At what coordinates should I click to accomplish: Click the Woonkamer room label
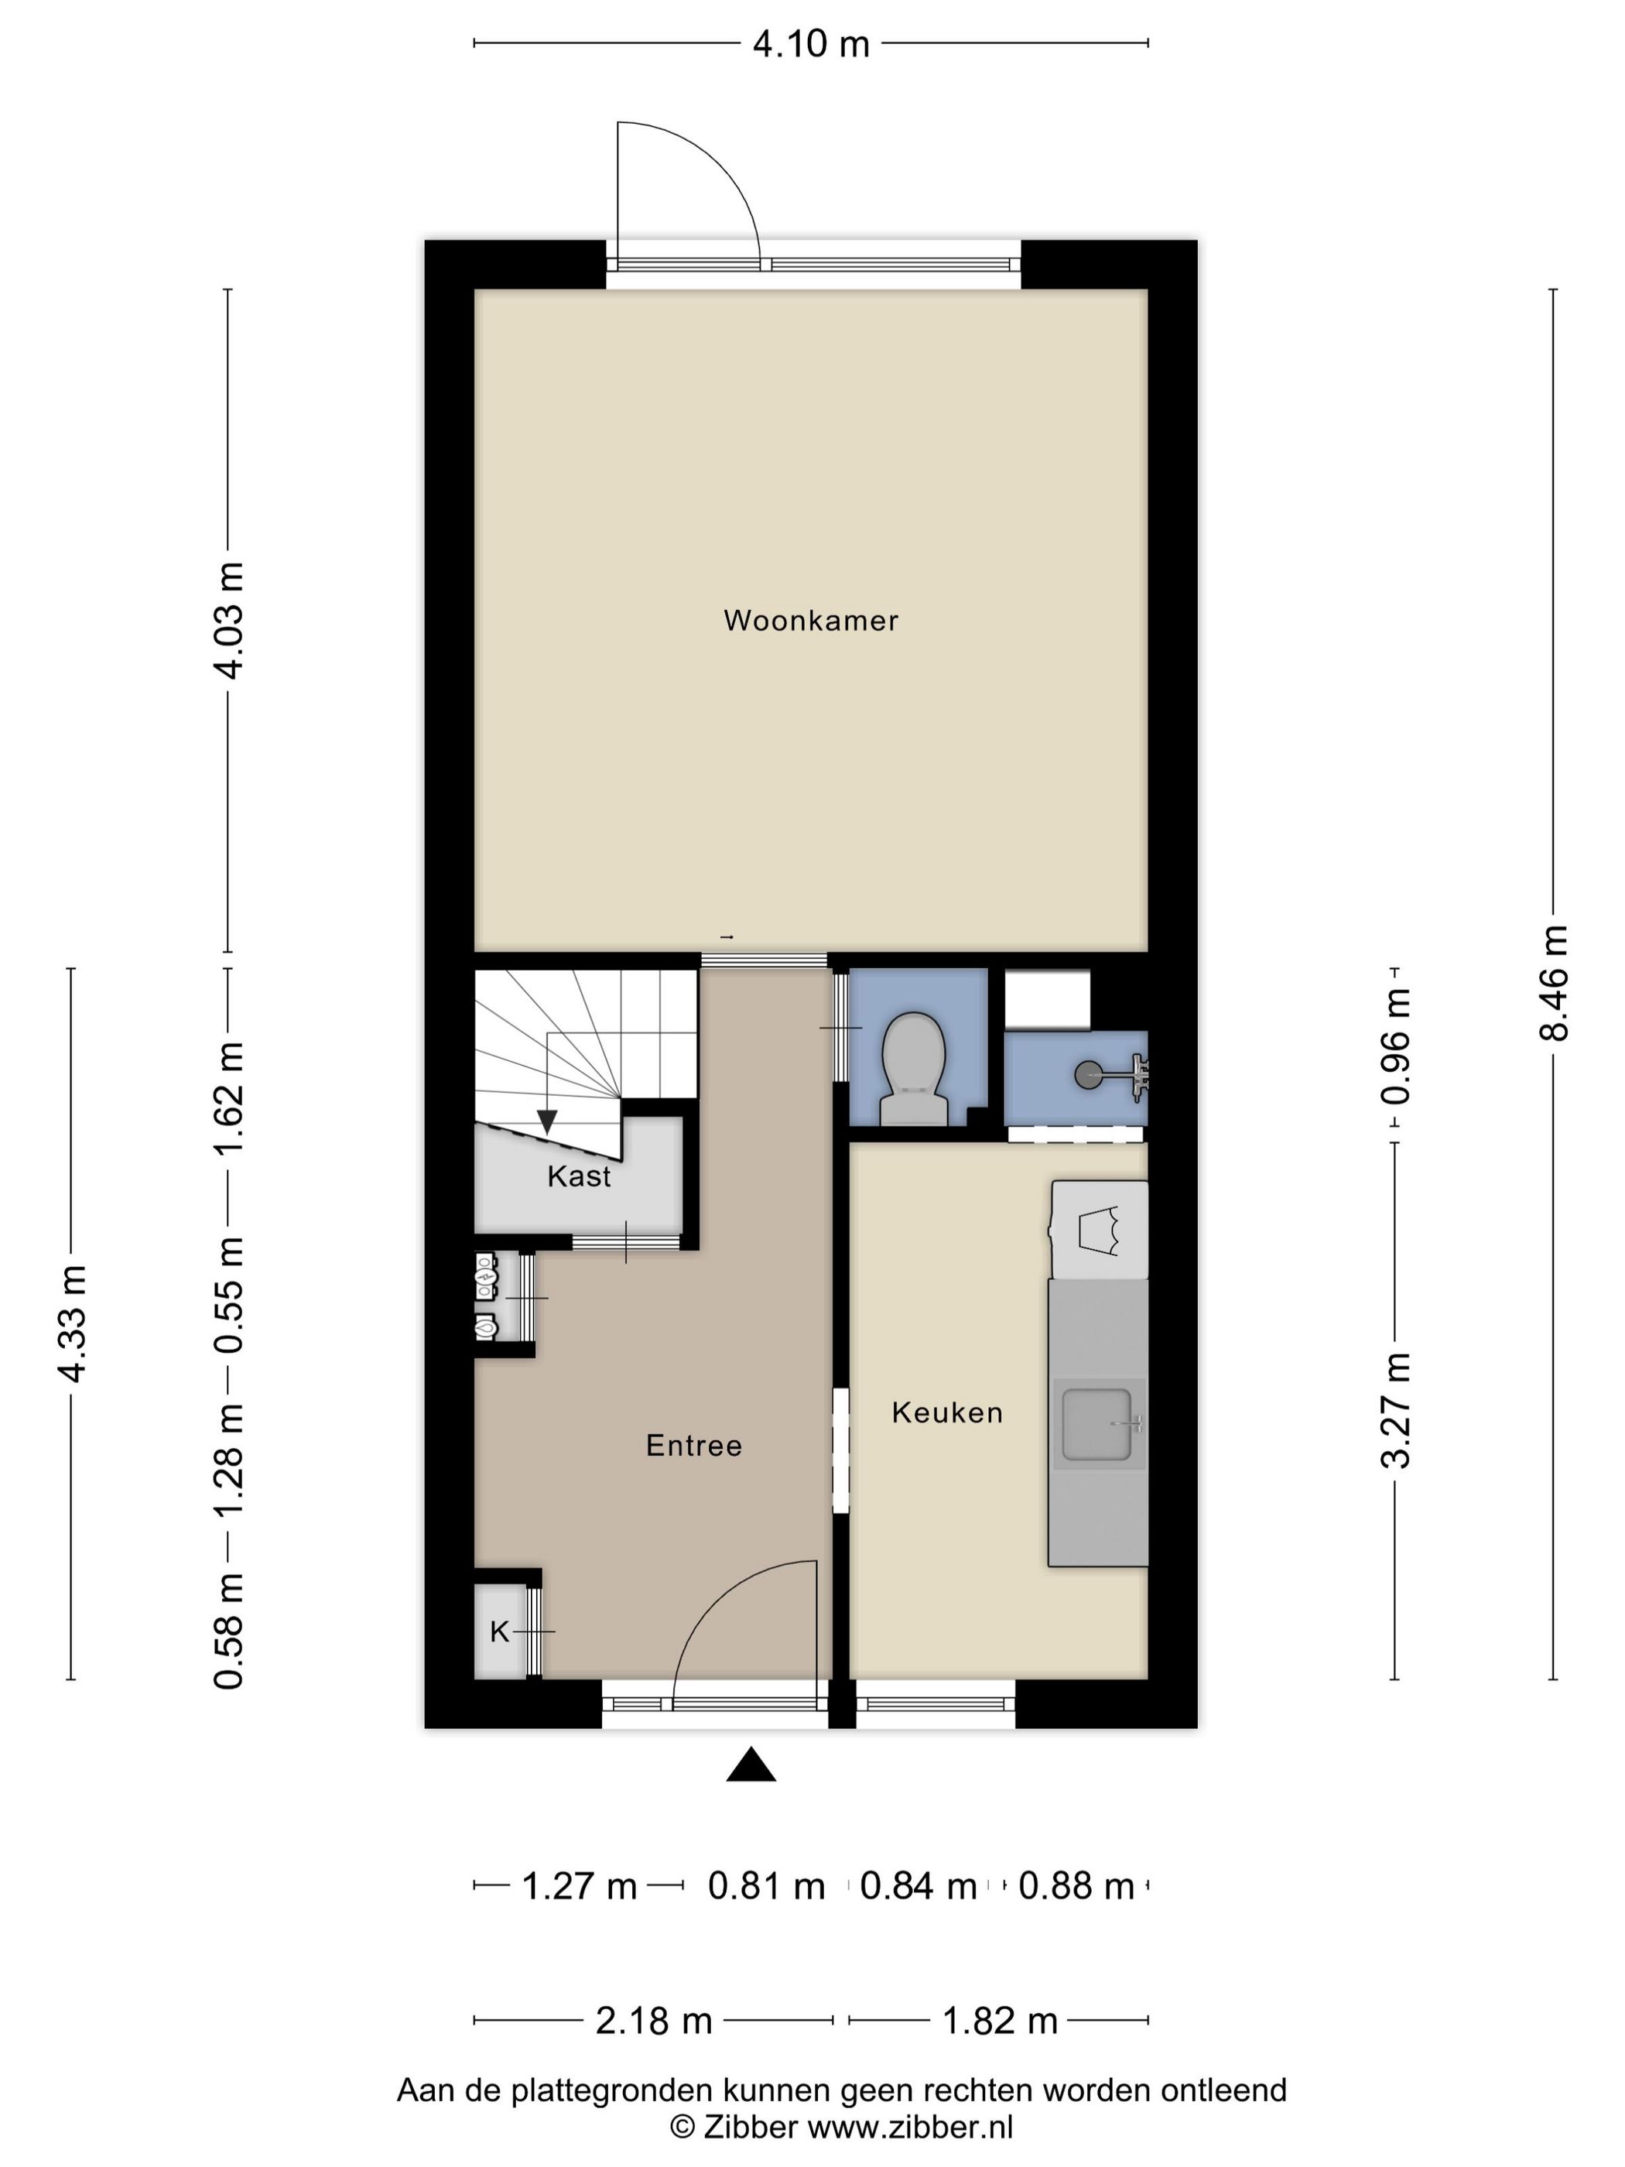[811, 621]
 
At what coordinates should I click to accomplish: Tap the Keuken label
[947, 1412]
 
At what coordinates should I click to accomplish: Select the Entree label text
[693, 1446]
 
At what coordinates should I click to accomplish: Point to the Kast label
[579, 1176]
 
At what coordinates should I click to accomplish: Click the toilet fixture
[914, 1069]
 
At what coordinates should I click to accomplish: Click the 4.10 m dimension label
[811, 44]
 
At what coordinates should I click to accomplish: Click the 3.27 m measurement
[1396, 1411]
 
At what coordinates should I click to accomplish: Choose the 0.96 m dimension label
[1396, 1046]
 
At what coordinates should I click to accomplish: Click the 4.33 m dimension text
[71, 1323]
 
